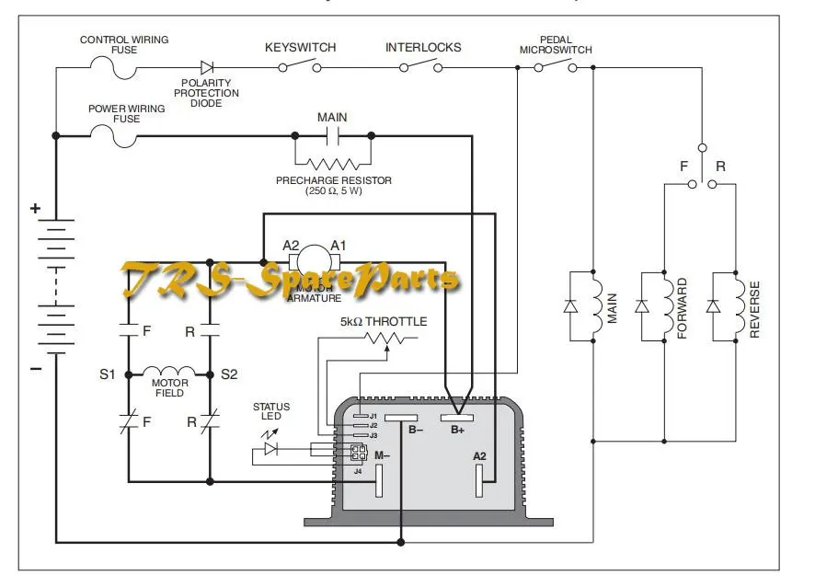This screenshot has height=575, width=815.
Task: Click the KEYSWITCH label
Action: [300, 47]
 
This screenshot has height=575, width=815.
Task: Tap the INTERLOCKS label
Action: [423, 47]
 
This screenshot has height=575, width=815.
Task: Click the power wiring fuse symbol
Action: [113, 135]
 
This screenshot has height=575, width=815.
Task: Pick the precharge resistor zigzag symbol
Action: [333, 163]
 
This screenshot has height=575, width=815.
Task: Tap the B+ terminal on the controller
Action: [457, 418]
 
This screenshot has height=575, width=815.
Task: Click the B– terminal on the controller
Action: [402, 418]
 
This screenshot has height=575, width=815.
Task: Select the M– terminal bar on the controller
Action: [378, 479]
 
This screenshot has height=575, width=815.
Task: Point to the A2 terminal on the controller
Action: [479, 479]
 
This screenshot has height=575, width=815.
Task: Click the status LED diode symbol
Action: [271, 449]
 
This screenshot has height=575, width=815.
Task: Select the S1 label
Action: [108, 374]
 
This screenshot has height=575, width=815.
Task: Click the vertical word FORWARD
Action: [683, 308]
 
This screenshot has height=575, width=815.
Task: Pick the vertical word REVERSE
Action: [754, 308]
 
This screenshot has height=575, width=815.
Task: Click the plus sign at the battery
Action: [35, 209]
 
